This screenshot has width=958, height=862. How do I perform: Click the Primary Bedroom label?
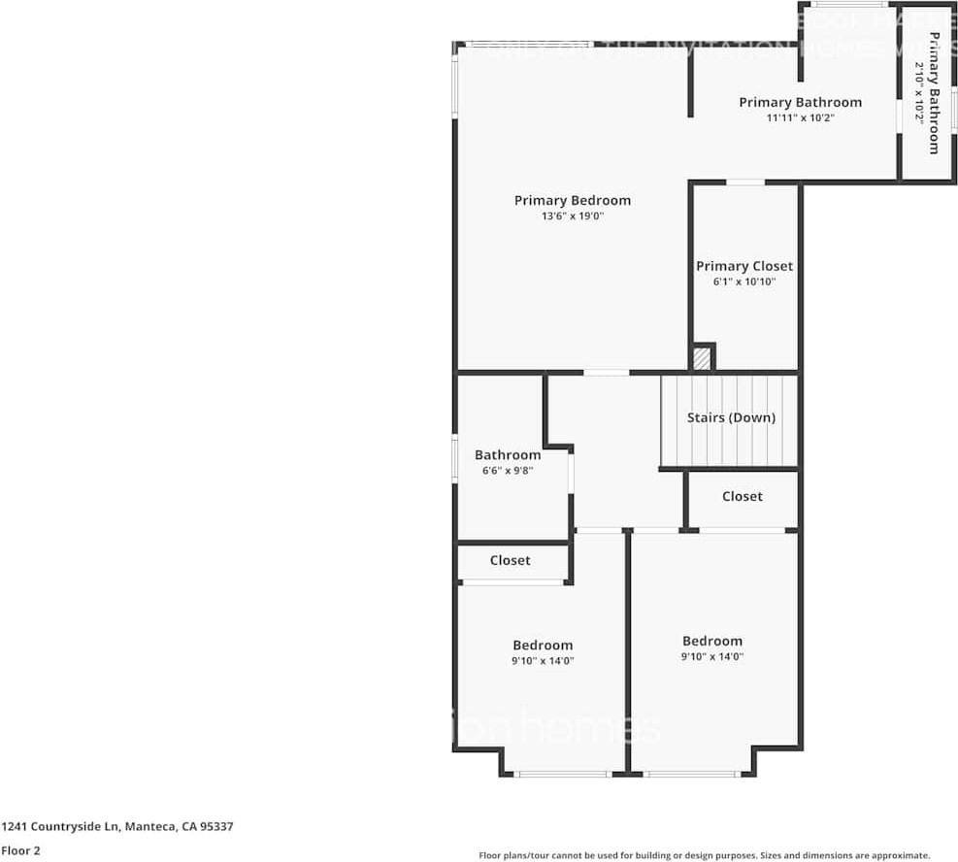point(572,201)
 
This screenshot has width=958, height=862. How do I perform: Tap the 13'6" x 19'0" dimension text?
point(573,216)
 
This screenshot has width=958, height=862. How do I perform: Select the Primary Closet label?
point(743,266)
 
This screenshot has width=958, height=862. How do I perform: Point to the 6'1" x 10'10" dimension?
point(743,282)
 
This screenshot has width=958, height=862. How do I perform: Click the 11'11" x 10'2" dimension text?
point(800,117)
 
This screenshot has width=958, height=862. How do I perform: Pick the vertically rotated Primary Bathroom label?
point(934,93)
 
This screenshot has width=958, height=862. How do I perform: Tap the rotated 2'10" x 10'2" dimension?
point(919,92)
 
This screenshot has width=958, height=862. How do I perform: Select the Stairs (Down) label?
point(731,418)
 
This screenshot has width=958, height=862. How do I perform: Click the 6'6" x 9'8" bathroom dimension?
point(508,471)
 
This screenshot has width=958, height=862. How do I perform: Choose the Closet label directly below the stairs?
point(742,496)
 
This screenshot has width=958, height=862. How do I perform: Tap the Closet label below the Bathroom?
point(510,560)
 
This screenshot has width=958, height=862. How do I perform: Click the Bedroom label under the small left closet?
point(543,646)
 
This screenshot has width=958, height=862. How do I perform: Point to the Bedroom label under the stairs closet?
point(711,641)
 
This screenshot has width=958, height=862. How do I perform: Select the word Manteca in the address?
point(150,827)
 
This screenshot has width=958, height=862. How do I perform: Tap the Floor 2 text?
point(20,850)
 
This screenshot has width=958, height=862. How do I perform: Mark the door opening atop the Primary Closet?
point(744,182)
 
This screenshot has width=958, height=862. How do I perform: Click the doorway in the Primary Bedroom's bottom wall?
point(606,372)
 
